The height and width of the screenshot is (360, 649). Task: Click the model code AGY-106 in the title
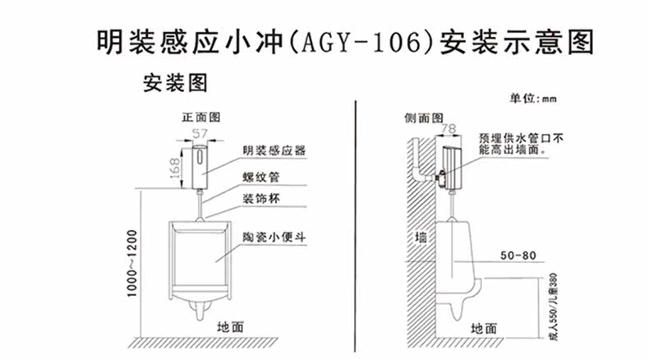(x=360, y=42)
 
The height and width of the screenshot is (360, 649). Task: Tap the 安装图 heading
(x=175, y=83)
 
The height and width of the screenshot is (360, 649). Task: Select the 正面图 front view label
(x=201, y=118)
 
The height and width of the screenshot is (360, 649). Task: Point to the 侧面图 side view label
(x=423, y=118)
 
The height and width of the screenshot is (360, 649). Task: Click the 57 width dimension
(x=200, y=133)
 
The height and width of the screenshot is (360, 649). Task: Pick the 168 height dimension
(x=175, y=168)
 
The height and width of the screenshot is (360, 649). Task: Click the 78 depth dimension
(x=449, y=129)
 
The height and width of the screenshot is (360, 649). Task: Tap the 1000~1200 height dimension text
(x=132, y=264)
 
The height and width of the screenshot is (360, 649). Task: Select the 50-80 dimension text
(x=518, y=256)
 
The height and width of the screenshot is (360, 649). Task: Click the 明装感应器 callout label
(x=274, y=150)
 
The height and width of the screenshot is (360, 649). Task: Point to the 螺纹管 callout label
(x=261, y=178)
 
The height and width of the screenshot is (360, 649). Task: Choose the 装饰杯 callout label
(x=261, y=199)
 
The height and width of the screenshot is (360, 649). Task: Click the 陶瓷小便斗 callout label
(x=274, y=238)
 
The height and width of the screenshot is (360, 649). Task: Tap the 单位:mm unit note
(x=533, y=99)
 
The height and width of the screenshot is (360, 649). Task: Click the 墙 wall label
(x=421, y=238)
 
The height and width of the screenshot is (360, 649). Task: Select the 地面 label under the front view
(x=231, y=327)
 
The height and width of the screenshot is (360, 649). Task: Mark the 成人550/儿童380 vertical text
(x=554, y=307)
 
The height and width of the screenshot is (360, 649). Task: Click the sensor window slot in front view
(x=200, y=157)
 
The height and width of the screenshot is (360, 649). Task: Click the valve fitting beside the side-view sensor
(x=441, y=178)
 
